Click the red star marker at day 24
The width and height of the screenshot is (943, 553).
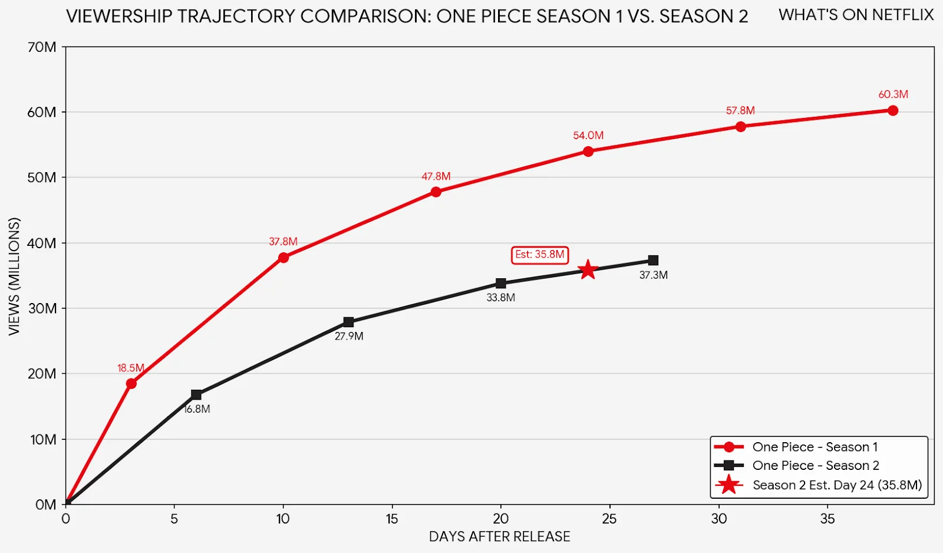tap(588, 270)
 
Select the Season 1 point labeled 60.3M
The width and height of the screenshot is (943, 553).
tap(892, 111)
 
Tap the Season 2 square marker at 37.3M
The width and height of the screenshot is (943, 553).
tap(653, 261)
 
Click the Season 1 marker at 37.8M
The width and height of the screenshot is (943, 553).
tap(283, 258)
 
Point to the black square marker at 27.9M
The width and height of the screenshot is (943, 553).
tap(348, 322)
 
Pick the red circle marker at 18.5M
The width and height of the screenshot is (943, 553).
tap(131, 384)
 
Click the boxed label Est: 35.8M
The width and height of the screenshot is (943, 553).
tap(539, 255)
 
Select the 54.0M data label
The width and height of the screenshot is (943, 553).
tap(588, 136)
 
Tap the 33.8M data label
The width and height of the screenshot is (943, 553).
tap(500, 298)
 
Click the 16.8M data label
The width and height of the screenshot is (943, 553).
tap(197, 409)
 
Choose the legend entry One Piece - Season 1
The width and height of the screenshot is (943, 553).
tap(815, 447)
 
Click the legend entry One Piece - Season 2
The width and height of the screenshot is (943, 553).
tap(815, 466)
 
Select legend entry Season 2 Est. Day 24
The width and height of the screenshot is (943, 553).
tap(837, 485)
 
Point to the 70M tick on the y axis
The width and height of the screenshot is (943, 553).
tap(42, 47)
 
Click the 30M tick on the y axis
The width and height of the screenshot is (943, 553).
tap(42, 308)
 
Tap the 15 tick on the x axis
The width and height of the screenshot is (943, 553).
tap(392, 519)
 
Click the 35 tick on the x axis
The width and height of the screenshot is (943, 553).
tap(827, 519)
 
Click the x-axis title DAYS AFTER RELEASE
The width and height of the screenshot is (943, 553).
tap(499, 536)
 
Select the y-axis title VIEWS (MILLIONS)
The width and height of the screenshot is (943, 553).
tap(15, 276)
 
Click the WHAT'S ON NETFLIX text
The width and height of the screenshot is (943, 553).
tap(856, 15)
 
